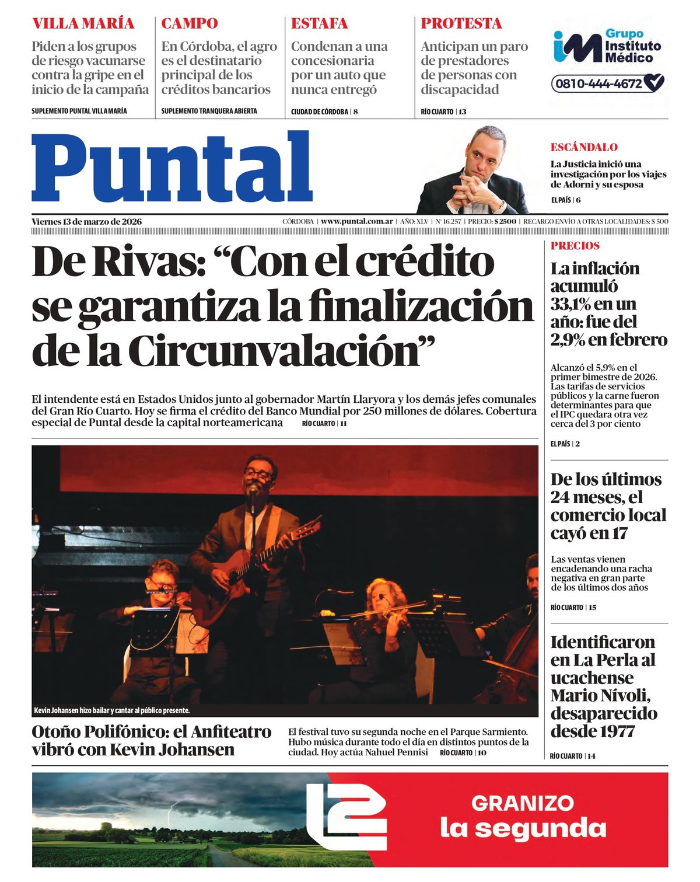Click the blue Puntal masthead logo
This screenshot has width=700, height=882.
point(172,168)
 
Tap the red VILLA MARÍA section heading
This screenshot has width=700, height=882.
point(83,23)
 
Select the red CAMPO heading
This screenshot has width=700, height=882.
point(189,23)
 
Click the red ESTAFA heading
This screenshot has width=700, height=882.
point(319,23)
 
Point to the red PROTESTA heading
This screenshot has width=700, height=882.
point(461,23)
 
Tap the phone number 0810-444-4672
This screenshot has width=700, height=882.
point(598,83)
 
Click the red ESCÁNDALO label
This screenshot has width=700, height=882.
point(584,147)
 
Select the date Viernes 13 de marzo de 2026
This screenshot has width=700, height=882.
point(86,221)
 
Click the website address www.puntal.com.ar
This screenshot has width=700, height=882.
point(356,221)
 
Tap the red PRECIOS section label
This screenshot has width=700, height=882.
point(575,246)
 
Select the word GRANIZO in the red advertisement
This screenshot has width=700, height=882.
point(522,803)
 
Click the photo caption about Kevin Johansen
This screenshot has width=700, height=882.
point(112,710)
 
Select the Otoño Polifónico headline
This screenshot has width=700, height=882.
point(152,740)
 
